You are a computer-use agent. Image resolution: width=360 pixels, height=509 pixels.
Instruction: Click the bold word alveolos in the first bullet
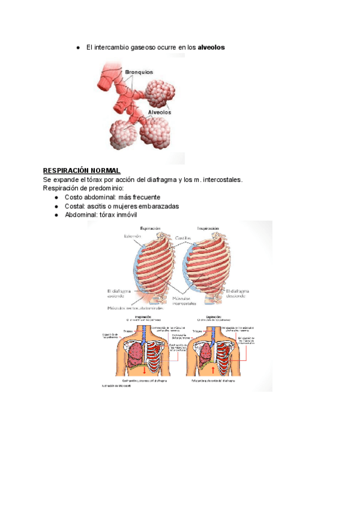(x=211, y=47)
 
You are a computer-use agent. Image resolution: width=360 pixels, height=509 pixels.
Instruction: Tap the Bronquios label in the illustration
(x=139, y=72)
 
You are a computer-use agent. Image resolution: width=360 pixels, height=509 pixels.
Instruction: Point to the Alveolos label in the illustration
(x=159, y=112)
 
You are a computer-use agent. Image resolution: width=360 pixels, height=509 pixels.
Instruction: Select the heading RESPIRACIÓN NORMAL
(x=82, y=170)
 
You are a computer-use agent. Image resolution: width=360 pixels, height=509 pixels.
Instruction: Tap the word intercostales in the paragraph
(x=222, y=179)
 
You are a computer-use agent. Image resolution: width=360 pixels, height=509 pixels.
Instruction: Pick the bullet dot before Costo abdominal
(x=56, y=197)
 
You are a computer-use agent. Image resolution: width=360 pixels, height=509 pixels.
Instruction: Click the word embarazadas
(x=158, y=206)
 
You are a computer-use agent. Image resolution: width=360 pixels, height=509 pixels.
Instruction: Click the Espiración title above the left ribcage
(x=150, y=229)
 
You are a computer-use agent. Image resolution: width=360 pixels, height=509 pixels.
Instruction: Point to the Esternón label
(x=133, y=236)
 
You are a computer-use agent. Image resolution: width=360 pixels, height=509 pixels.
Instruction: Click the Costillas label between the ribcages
(x=184, y=238)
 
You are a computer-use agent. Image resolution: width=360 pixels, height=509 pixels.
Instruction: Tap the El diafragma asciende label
(x=116, y=292)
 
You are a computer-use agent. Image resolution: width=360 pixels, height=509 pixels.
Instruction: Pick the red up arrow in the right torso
(x=213, y=370)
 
